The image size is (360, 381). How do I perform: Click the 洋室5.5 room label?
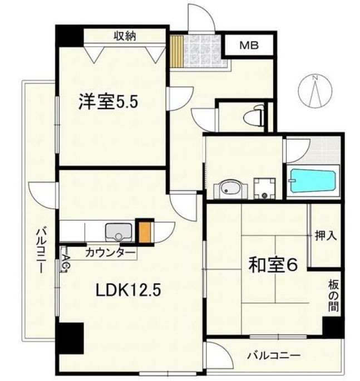tap(108, 101)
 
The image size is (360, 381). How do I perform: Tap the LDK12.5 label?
tap(129, 290)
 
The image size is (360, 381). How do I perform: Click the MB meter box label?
tap(249, 46)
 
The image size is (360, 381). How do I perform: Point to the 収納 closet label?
tap(125, 36)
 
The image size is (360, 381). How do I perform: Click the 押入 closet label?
tap(326, 236)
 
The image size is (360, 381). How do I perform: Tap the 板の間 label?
tap(333, 295)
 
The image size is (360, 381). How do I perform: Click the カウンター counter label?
tap(110, 253)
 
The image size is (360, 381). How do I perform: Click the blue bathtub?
tap(313, 180)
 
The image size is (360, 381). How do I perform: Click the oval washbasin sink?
tap(229, 189)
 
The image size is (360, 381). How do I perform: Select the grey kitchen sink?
tap(119, 232)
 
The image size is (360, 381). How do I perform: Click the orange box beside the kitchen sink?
tap(145, 232)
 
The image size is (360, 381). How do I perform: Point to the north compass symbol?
tap(315, 91)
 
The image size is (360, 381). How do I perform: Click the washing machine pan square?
tap(265, 189)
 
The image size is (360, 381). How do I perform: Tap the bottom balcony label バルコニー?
tap(274, 356)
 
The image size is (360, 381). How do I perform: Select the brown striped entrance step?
tap(176, 51)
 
